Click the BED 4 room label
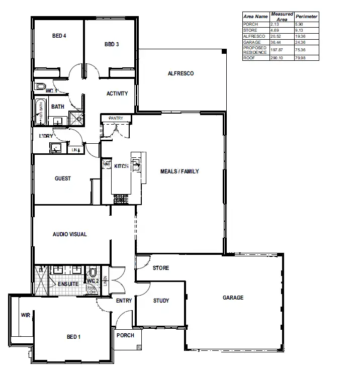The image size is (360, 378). click(59, 36)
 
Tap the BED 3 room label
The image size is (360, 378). click(112, 44)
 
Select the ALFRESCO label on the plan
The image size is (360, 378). click(181, 73)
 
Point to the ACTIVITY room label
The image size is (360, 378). click(117, 93)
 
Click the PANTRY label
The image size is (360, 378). click(116, 118)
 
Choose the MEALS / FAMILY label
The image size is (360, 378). click(179, 171)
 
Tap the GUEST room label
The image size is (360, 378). click(63, 178)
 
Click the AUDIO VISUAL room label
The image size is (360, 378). click(70, 234)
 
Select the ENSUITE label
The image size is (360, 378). click(68, 284)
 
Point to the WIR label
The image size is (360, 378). click(25, 315)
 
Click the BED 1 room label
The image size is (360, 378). click(73, 337)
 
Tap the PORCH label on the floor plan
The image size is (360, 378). click(125, 335)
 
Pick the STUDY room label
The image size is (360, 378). click(161, 301)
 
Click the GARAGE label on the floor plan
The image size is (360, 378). click(233, 298)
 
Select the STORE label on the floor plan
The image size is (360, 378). click(161, 268)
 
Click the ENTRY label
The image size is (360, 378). click(124, 301)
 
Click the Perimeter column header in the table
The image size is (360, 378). click(306, 17)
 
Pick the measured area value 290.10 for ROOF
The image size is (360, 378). click(277, 58)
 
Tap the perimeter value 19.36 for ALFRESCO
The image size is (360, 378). click(300, 37)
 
